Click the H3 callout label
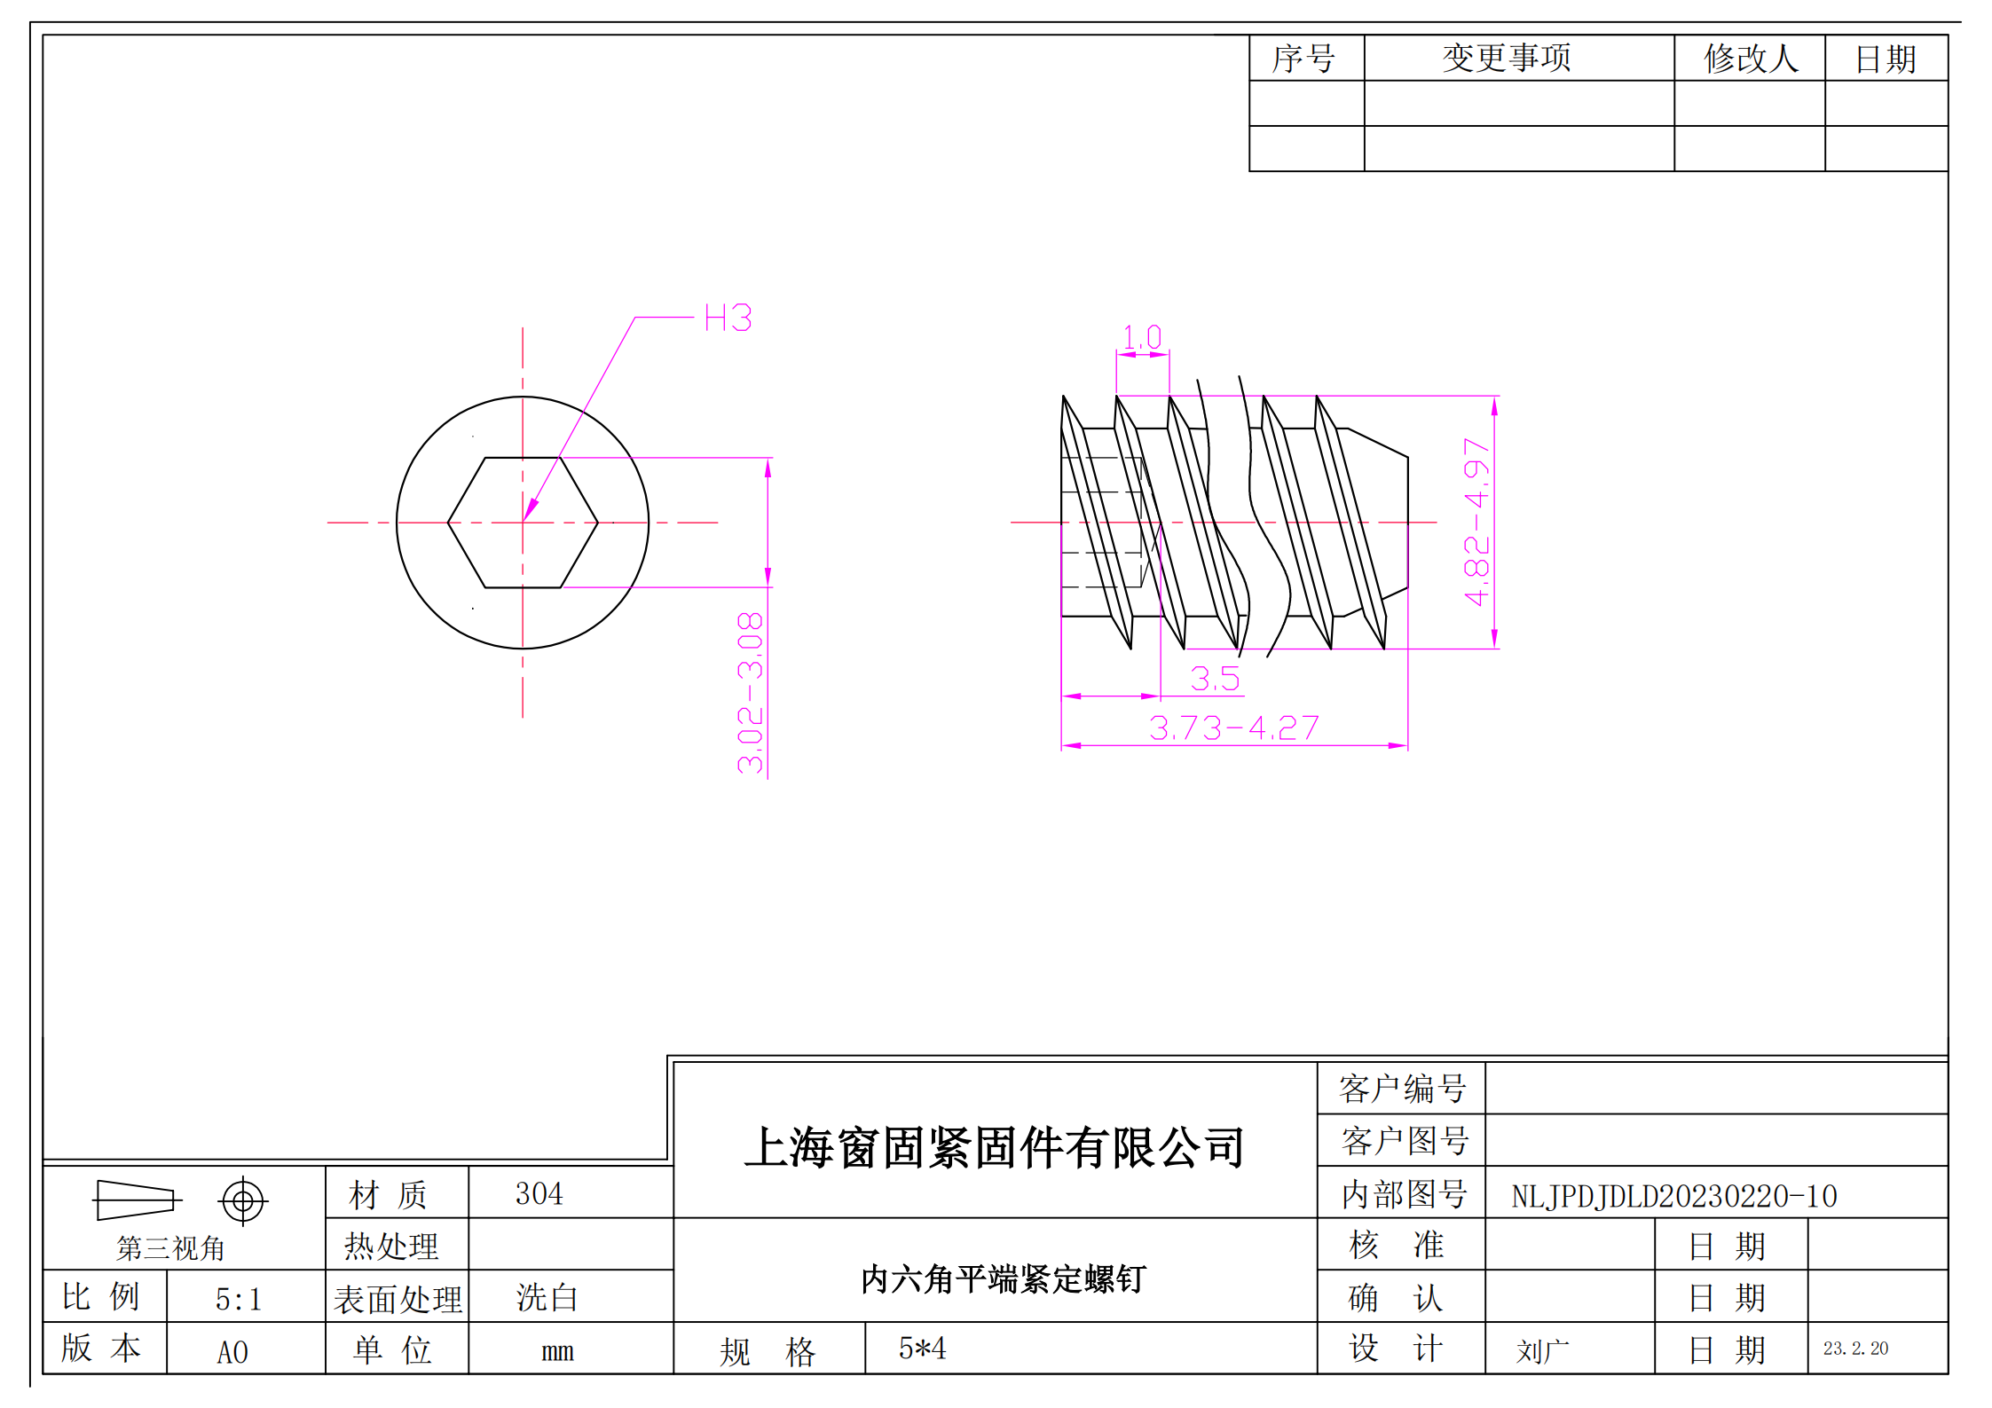[728, 318]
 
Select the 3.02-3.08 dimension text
[751, 692]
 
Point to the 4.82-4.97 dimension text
[1476, 522]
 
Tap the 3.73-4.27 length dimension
[1233, 728]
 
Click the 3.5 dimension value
[1214, 679]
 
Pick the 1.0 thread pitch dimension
[1142, 337]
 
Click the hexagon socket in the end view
[523, 523]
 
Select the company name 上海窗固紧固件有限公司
[995, 1147]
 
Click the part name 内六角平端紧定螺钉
[1004, 1278]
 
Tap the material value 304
[539, 1193]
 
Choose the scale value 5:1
[238, 1299]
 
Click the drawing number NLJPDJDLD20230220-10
[1673, 1196]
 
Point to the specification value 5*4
[922, 1349]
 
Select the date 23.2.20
[1855, 1349]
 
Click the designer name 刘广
[1542, 1351]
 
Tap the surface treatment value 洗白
[547, 1298]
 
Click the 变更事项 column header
[1506, 59]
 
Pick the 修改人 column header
[1750, 59]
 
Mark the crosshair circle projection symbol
[242, 1201]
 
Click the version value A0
[232, 1352]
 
